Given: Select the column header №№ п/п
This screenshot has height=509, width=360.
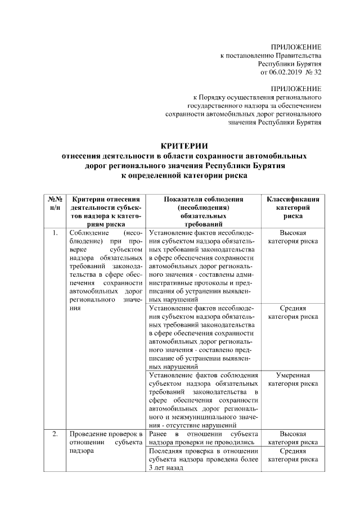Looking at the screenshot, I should coord(55,204).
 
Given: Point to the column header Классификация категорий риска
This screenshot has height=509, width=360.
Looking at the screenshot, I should coord(292,208).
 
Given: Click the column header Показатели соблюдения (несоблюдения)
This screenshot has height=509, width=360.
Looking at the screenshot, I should coord(203,204).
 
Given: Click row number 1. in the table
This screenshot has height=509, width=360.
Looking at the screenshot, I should coord(55,232).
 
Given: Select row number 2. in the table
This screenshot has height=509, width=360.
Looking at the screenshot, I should coord(55,434).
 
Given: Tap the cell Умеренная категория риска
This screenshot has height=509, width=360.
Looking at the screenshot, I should coord(292,379).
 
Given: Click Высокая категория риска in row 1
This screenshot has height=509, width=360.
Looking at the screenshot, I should coord(292,237).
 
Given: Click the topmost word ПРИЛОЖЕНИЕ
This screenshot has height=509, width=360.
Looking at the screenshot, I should coord(296,47).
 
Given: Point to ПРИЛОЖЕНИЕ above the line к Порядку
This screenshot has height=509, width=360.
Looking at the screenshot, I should coord(296,88).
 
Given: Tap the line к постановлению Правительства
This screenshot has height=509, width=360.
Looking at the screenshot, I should coord(271,56).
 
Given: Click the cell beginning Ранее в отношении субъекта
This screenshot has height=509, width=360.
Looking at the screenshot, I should coord(203,438).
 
